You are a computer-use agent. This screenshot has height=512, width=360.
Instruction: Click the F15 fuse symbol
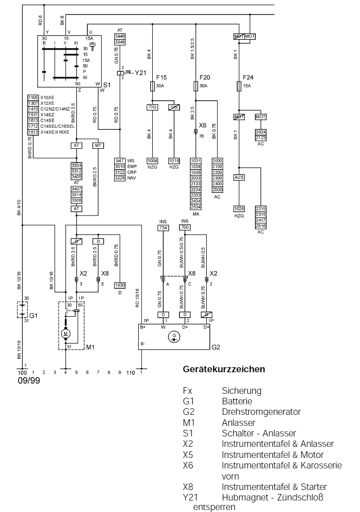point(153,87)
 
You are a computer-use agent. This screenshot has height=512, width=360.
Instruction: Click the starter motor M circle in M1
point(66,333)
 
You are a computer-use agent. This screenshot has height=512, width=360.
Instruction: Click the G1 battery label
point(34,316)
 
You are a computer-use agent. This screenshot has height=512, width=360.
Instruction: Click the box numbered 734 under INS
point(163,227)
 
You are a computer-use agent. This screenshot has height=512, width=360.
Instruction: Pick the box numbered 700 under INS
point(185,227)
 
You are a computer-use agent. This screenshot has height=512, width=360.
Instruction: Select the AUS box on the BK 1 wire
point(239,177)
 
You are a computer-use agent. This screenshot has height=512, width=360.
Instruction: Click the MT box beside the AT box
point(98,146)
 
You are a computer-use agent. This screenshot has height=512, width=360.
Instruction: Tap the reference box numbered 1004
point(152,160)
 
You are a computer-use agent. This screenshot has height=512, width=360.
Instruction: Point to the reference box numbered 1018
point(174,160)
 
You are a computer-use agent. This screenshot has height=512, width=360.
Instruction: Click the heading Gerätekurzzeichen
point(224,370)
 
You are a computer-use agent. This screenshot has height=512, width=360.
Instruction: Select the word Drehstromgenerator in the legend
point(261,412)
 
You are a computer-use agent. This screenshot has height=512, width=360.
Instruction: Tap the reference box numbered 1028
point(239,208)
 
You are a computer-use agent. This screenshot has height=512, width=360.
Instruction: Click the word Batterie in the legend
point(237,401)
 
